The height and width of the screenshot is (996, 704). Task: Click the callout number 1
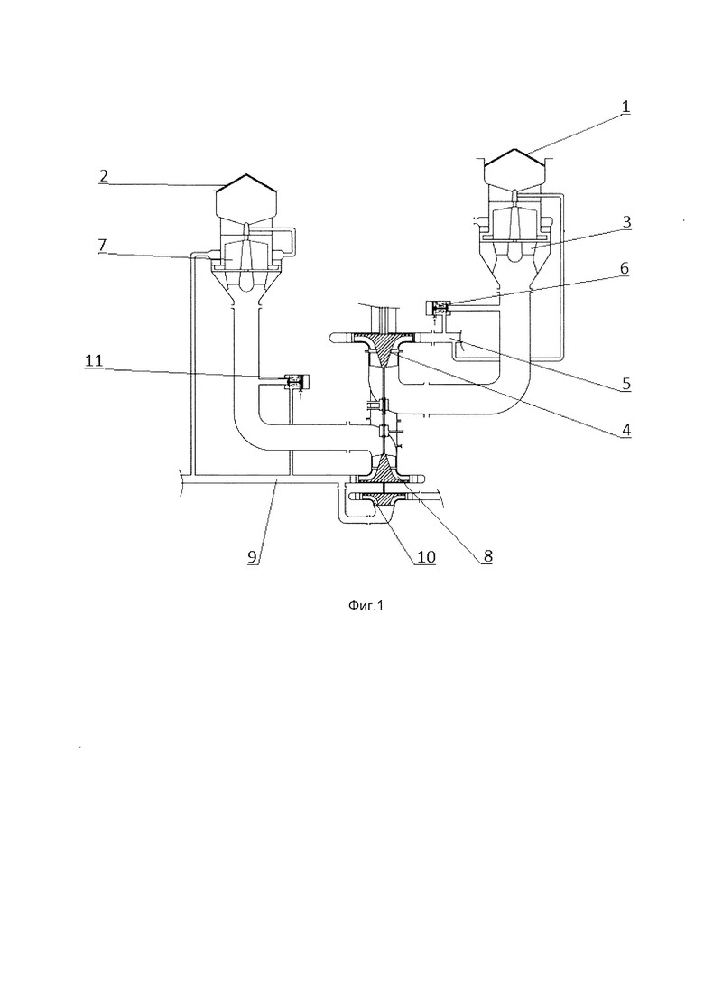pos(625,107)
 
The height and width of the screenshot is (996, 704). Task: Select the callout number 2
pos(104,176)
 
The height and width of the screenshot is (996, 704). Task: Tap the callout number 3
pos(625,222)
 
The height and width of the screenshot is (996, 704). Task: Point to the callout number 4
pos(625,430)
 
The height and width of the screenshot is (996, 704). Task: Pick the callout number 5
pos(625,384)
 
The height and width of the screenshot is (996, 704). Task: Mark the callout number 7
pos(103,246)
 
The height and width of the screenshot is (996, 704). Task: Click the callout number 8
pos(486,556)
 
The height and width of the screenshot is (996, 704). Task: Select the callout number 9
pos(253,556)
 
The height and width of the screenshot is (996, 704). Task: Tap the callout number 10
pos(426,557)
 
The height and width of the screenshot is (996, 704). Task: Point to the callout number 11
pos(94,361)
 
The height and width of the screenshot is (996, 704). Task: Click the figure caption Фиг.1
pos(366,606)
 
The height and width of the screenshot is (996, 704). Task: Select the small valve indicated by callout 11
pos(296,381)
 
